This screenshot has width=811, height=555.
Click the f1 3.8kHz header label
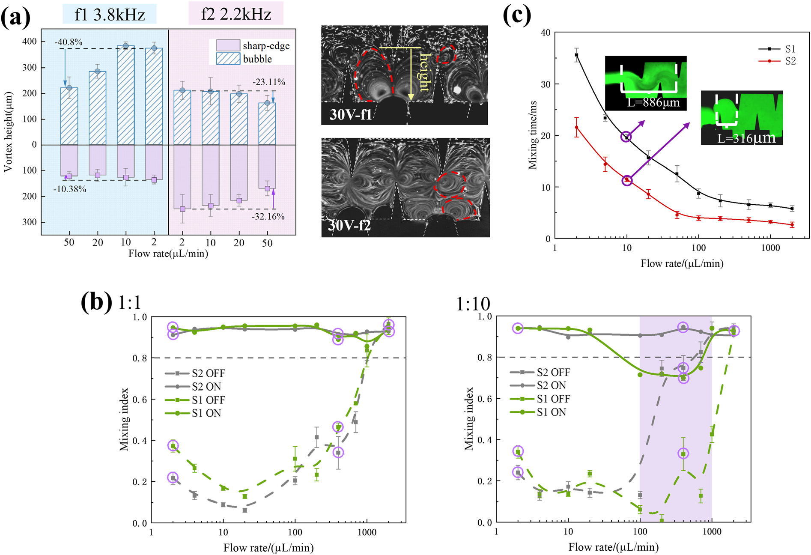(x=110, y=15)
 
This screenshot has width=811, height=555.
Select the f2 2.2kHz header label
(x=236, y=14)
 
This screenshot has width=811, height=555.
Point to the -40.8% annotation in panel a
(x=68, y=42)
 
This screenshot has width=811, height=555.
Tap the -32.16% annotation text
(x=268, y=216)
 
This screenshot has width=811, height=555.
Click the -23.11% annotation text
(x=269, y=82)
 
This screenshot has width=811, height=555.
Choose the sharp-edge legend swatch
(x=228, y=45)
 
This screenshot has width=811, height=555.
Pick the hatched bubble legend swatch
(x=228, y=59)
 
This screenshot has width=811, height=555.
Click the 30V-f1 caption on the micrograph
(x=350, y=115)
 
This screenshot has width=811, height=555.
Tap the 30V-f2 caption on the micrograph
(x=349, y=225)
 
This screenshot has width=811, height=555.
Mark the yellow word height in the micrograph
(x=424, y=73)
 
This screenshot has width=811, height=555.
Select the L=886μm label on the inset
(x=653, y=103)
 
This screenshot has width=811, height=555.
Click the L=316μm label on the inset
(x=746, y=138)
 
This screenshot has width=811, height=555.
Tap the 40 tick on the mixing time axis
(x=545, y=33)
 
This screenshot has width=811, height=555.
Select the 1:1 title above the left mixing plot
(x=129, y=303)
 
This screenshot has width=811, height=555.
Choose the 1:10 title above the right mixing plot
(x=473, y=304)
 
